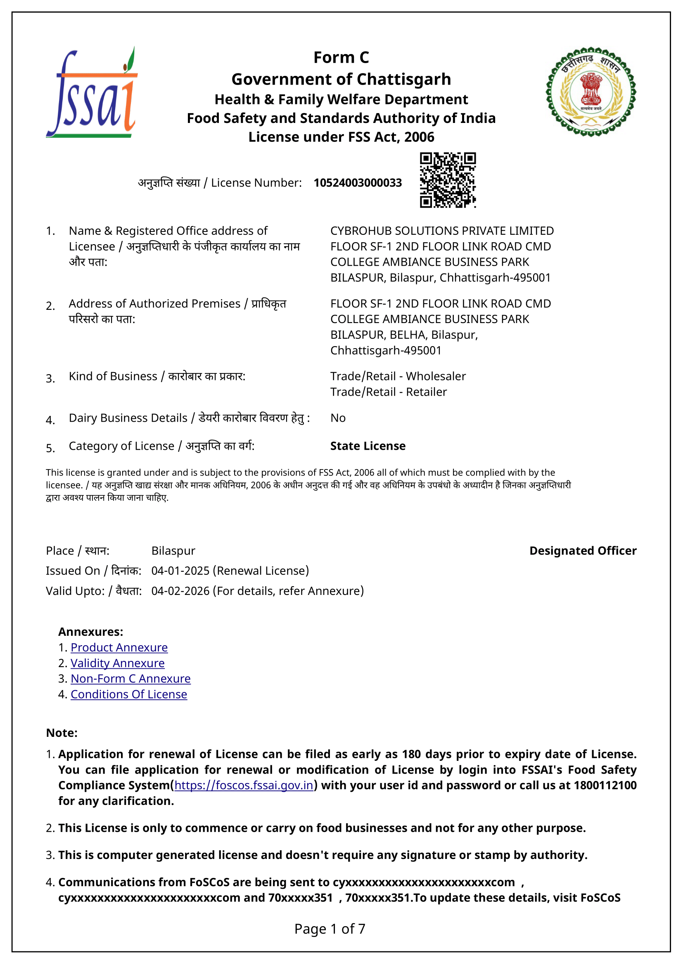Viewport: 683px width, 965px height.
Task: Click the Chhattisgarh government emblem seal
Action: pyautogui.click(x=591, y=92)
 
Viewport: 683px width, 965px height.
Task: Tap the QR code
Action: pyautogui.click(x=448, y=180)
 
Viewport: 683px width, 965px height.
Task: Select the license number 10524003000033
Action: pyautogui.click(x=358, y=183)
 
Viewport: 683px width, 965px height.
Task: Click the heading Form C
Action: pyautogui.click(x=341, y=58)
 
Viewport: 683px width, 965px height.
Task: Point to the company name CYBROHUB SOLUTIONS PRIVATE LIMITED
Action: pyautogui.click(x=441, y=231)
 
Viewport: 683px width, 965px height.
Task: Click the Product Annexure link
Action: pyautogui.click(x=119, y=647)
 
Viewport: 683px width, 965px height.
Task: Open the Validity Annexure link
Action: pyautogui.click(x=117, y=663)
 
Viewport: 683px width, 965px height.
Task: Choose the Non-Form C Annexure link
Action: pyautogui.click(x=130, y=678)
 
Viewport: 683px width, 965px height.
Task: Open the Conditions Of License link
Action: pyautogui.click(x=129, y=694)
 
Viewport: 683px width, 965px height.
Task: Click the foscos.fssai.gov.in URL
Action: pyautogui.click(x=244, y=785)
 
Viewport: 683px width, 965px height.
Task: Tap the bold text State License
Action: pyautogui.click(x=368, y=446)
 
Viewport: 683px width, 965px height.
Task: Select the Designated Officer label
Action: pyautogui.click(x=583, y=551)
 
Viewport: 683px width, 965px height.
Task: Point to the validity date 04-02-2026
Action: pyautogui.click(x=180, y=591)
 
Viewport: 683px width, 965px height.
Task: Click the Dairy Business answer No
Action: pyautogui.click(x=338, y=418)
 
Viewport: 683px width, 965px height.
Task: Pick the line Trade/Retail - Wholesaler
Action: pyautogui.click(x=398, y=376)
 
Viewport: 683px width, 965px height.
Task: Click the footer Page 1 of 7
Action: pyautogui.click(x=330, y=928)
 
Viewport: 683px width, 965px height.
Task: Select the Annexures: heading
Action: pyautogui.click(x=91, y=632)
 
